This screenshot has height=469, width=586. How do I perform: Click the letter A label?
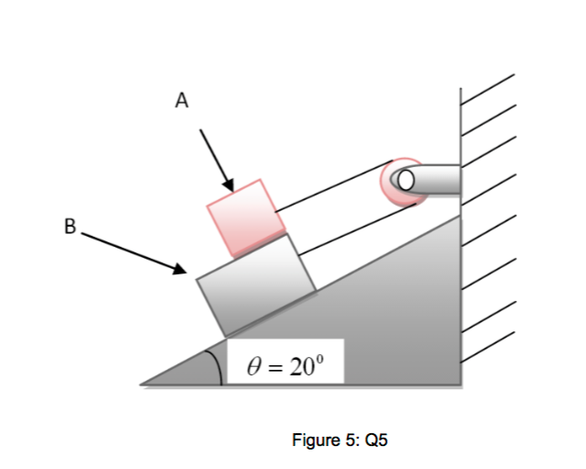click(x=182, y=101)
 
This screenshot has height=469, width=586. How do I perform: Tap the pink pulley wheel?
click(x=395, y=180)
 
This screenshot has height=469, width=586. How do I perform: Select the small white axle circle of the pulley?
click(x=405, y=178)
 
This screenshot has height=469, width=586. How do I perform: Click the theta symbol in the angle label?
click(x=256, y=368)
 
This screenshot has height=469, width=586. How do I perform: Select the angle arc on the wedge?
click(x=217, y=364)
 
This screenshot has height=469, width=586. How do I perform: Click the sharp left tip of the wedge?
click(x=142, y=383)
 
